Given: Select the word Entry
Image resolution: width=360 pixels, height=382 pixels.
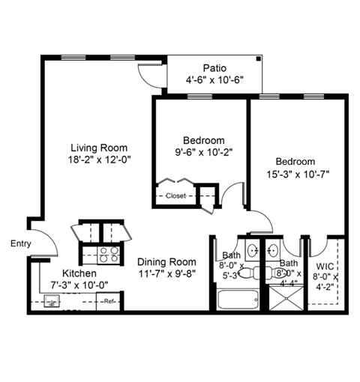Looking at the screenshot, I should [x=21, y=243].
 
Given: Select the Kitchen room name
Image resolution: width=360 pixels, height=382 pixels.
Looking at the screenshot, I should [x=79, y=273].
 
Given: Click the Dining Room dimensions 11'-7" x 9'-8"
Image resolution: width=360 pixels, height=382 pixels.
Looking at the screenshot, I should [x=166, y=275].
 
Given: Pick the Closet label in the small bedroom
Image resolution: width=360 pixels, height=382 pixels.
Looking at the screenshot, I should [x=176, y=195].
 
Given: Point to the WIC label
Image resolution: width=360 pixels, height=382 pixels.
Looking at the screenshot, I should [x=325, y=266].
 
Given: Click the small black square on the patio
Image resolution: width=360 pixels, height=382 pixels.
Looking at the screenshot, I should [x=259, y=58].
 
